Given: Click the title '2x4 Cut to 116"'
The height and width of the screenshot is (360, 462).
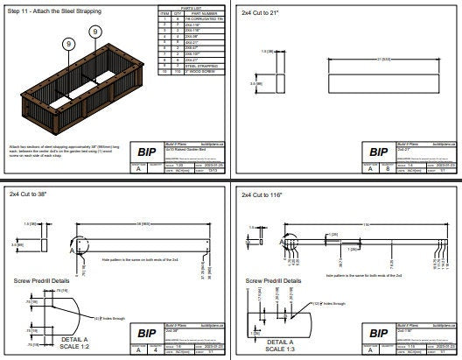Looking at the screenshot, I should click(x=268, y=192).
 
